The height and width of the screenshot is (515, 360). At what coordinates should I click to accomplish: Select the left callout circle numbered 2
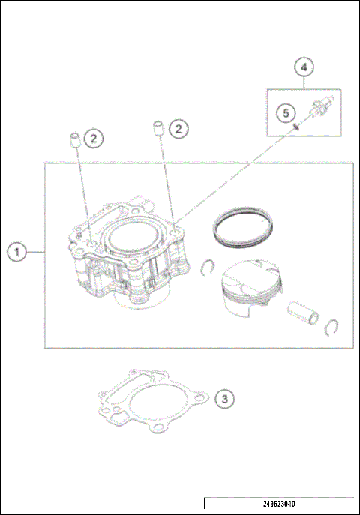point(92,138)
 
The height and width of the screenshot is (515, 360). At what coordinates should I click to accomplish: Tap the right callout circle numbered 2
point(178,129)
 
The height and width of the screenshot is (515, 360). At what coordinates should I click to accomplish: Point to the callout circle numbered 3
point(223,398)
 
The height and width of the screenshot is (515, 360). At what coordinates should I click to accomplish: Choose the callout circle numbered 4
point(303,67)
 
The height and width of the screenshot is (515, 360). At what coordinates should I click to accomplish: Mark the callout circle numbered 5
point(285,112)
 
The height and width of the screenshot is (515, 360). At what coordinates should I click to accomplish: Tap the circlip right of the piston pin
point(332,325)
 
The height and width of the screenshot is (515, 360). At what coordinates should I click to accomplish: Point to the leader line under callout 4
point(303,83)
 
